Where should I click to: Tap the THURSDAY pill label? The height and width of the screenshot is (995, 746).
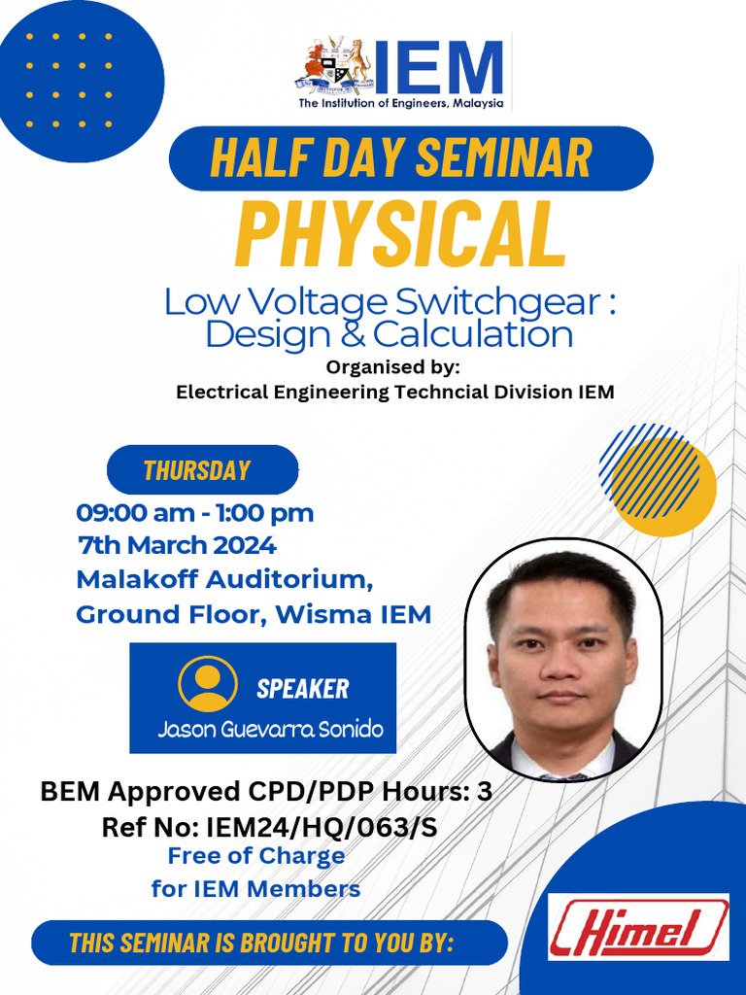coord(197,471)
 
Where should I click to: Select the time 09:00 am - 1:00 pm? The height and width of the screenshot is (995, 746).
coord(194,513)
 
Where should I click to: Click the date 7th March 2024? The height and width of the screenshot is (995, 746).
coord(176,545)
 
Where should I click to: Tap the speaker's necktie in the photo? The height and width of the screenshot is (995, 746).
coord(560,776)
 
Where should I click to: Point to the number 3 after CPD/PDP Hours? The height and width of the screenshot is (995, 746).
coord(484,792)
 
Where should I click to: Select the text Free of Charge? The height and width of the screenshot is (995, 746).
coord(256,856)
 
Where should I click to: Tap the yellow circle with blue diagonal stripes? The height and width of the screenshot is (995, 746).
coord(658,479)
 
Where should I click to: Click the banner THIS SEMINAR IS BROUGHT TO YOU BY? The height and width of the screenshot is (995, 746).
coord(262,943)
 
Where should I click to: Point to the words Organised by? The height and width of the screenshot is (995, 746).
coord(392,367)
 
